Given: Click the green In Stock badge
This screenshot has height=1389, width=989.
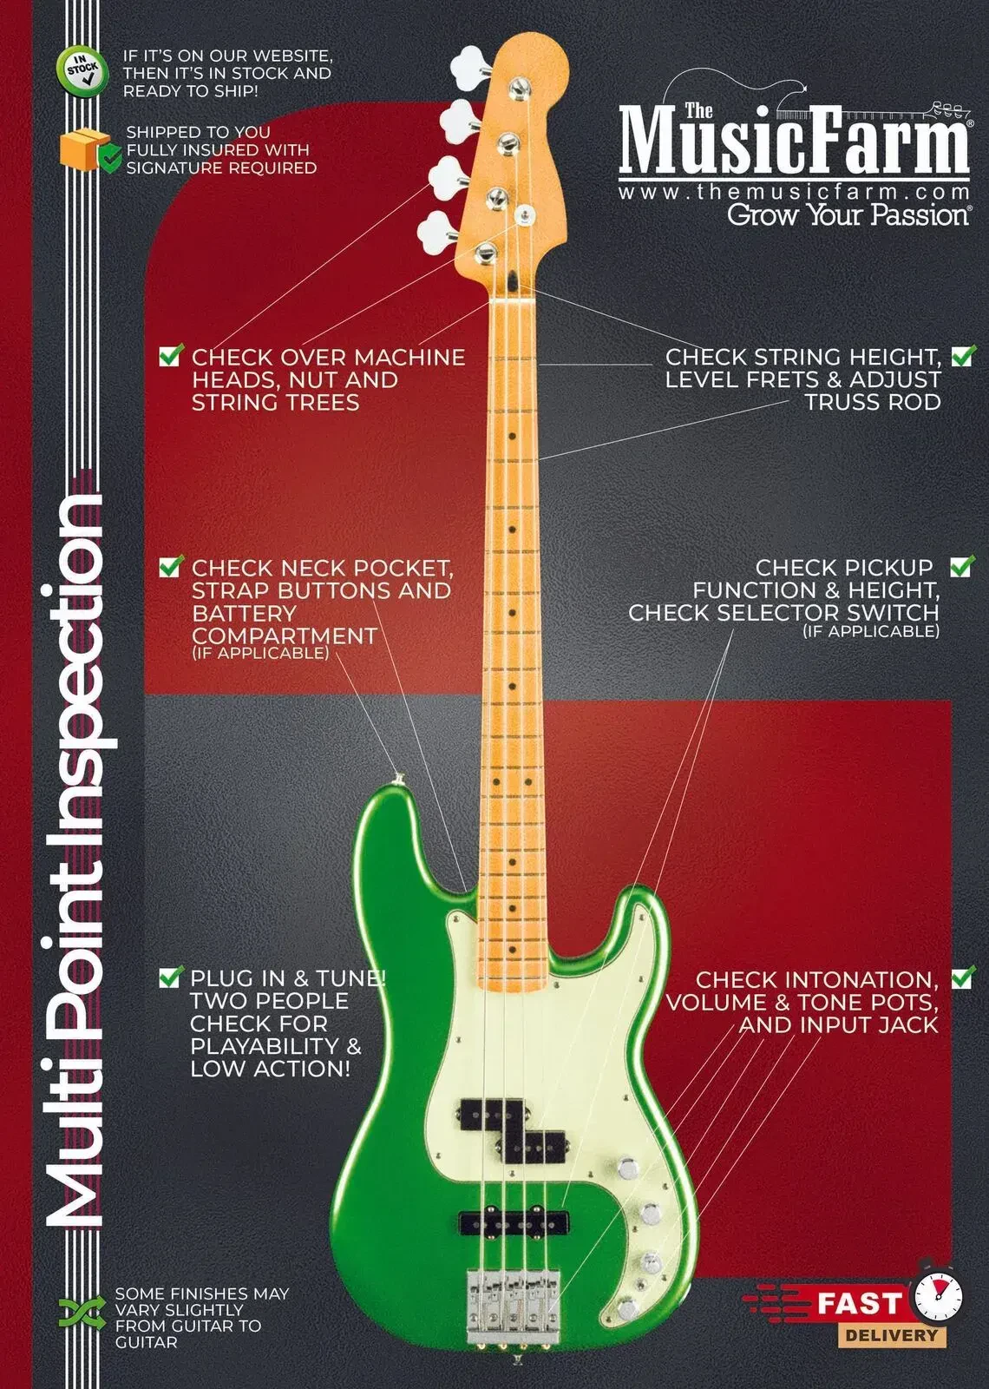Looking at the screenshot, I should [82, 72].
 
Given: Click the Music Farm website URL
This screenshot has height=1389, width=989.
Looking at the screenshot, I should [793, 191].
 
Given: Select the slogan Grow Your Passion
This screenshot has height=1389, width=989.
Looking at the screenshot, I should [848, 214].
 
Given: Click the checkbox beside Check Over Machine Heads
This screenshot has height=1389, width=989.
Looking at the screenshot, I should [171, 355].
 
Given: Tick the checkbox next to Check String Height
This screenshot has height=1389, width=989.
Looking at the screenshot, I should [963, 355].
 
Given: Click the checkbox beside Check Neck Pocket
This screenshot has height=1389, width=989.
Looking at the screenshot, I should [171, 567].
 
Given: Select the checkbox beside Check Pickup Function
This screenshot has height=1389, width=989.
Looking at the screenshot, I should [962, 566].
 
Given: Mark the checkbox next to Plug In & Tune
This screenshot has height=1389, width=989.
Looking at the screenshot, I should [171, 977].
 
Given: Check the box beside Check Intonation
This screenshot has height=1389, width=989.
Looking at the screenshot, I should [963, 978].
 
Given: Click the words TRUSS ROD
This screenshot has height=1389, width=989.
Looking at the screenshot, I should [872, 402].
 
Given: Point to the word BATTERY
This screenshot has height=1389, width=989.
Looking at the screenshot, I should [232, 613].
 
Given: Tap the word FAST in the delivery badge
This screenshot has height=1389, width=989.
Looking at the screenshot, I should [861, 1303].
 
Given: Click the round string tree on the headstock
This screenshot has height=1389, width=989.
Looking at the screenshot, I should [523, 213].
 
